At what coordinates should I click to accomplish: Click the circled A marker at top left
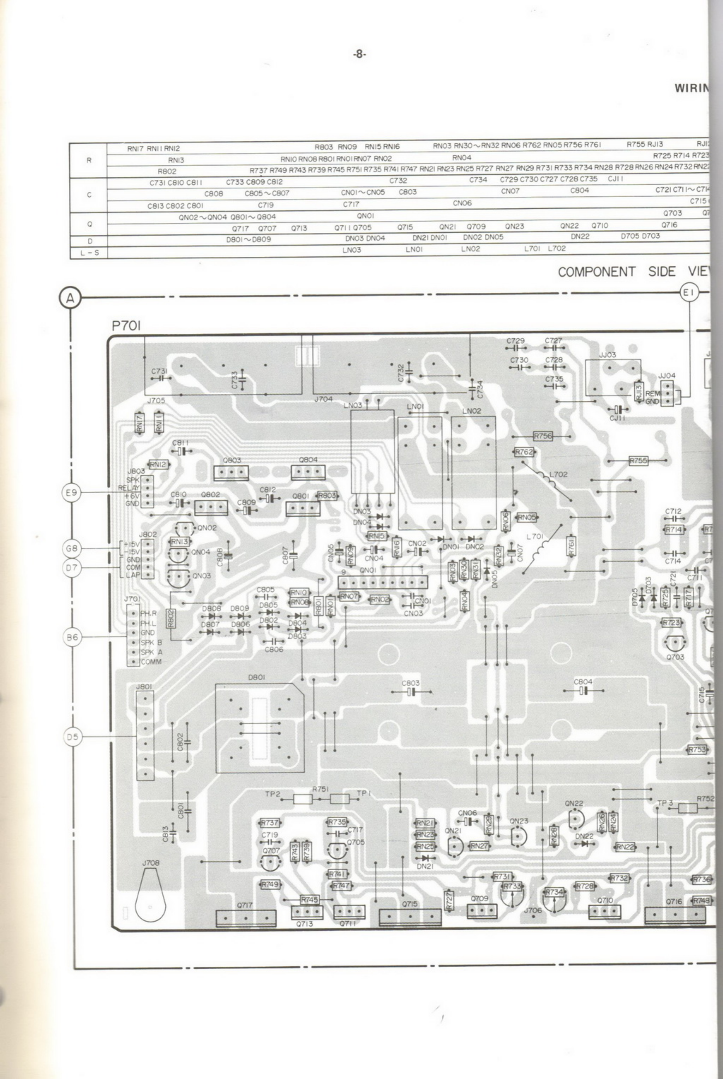point(70,298)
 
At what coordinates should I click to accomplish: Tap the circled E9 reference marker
point(71,493)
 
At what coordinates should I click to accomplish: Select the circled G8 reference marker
point(71,548)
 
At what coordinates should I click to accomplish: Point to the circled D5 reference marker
point(72,737)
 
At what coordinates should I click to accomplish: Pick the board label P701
point(126,326)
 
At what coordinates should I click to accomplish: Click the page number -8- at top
point(359,54)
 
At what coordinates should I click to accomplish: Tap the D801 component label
point(256,677)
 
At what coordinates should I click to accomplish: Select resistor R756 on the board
point(543,436)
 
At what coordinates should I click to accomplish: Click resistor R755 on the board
point(638,461)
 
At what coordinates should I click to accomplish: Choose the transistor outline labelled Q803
point(231,473)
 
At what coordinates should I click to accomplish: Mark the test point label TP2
point(273,794)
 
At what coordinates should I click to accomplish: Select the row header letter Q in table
point(89,224)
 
